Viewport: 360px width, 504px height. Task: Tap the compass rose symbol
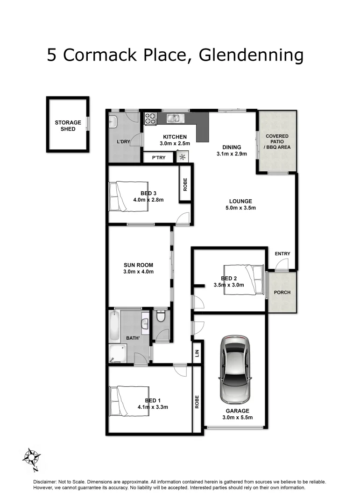[x=32, y=457]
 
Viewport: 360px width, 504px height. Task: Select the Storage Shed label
[x=68, y=126]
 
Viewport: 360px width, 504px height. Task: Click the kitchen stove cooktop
[x=150, y=119]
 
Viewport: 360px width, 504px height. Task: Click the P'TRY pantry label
[x=159, y=158]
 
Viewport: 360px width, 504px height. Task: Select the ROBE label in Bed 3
[x=185, y=185]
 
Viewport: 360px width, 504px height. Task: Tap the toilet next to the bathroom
[x=161, y=317]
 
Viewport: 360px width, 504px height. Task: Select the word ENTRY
[x=282, y=254]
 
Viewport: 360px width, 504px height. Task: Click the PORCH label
[x=282, y=293]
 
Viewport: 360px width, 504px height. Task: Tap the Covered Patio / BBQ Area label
[x=277, y=141]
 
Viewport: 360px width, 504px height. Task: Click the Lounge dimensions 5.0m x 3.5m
[x=240, y=208]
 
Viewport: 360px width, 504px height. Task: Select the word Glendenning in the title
[x=251, y=55]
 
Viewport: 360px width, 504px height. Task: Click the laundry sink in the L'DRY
[x=113, y=122]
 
